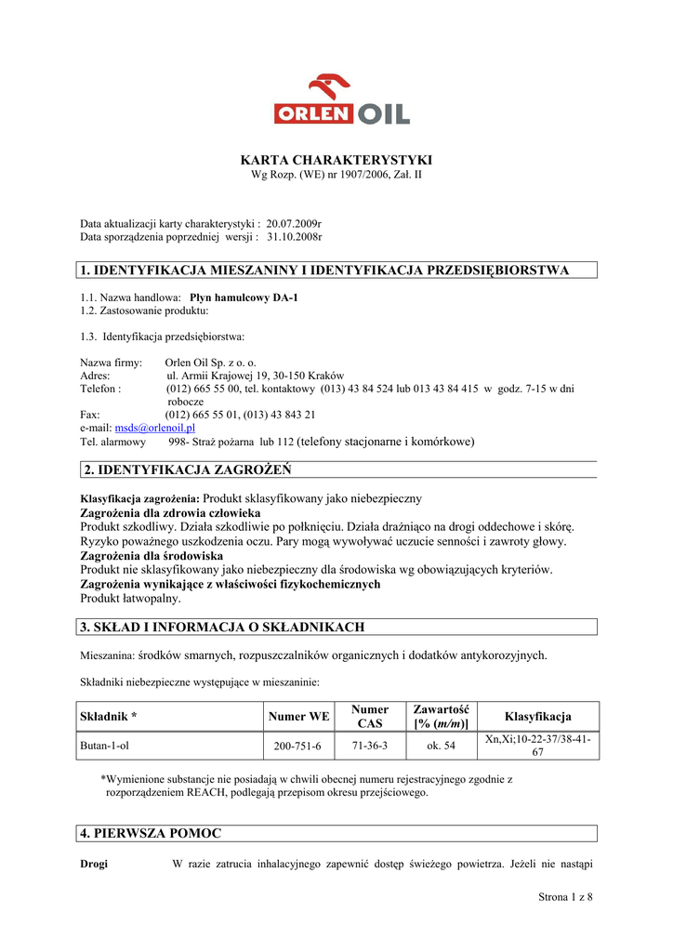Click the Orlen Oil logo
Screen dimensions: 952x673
pos(341,100)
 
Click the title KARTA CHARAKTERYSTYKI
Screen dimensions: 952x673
pos(336,161)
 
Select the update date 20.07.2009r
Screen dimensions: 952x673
pos(294,224)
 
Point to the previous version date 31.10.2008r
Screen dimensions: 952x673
pos(294,237)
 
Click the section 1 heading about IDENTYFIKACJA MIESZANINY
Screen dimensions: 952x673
pos(324,271)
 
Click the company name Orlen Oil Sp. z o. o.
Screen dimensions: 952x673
pos(210,363)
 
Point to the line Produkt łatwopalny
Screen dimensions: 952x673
pos(131,599)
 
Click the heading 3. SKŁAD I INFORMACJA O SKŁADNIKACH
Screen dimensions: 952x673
pos(223,628)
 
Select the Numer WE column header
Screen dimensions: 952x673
pos(298,717)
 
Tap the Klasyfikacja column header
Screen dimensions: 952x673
pos(537,717)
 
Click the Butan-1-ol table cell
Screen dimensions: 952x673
pos(104,747)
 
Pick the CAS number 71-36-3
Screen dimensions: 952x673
pos(370,746)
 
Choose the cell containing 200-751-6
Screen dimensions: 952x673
pos(297,747)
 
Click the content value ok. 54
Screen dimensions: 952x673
pos(441,747)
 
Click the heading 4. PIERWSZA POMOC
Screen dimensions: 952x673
pos(152,834)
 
